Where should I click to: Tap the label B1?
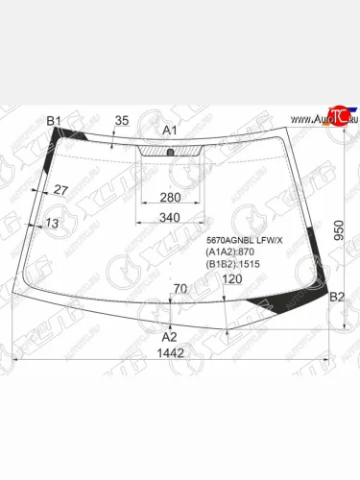(55, 120)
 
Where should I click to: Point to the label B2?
(337, 299)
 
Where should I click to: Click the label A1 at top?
(170, 130)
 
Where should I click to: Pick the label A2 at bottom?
(169, 336)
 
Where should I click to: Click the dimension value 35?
(121, 120)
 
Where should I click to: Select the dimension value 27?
(60, 190)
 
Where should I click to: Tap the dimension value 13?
(52, 223)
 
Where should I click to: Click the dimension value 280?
(169, 198)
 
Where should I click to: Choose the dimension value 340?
(169, 218)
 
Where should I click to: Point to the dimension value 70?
(180, 288)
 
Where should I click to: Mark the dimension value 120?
(232, 279)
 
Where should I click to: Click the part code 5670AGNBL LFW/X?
(245, 240)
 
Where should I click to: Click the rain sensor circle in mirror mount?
(169, 153)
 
